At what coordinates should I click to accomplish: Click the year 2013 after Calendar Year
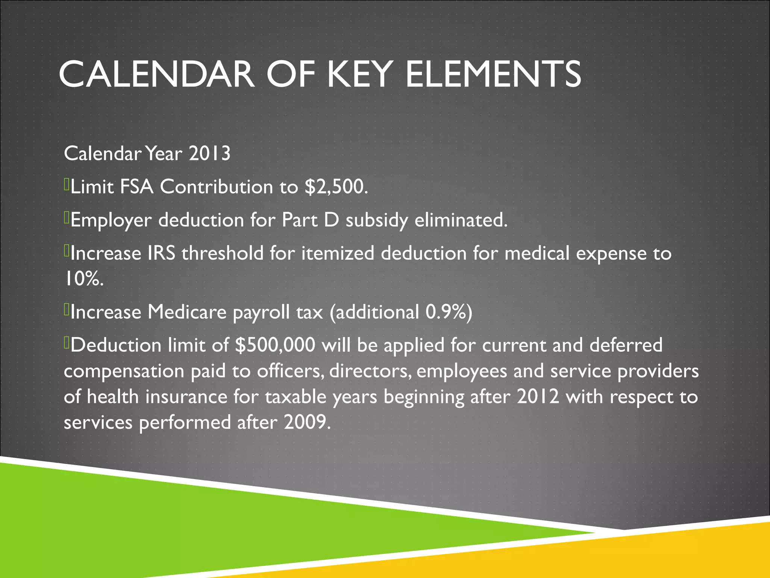click(209, 154)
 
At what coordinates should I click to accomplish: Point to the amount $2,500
click(336, 187)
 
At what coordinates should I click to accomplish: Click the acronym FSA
click(136, 187)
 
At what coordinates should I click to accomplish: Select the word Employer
click(111, 221)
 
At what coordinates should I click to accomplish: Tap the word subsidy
click(377, 221)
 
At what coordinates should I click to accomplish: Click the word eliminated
click(461, 220)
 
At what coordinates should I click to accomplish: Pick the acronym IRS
click(161, 253)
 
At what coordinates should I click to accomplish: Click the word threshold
click(223, 253)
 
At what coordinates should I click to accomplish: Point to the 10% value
click(83, 279)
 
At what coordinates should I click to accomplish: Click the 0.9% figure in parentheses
click(446, 312)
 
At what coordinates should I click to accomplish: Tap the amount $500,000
click(275, 345)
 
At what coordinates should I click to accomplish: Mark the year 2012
click(538, 397)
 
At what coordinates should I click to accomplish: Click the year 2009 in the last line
click(306, 422)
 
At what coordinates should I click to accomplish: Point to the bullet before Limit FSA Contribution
click(67, 185)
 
